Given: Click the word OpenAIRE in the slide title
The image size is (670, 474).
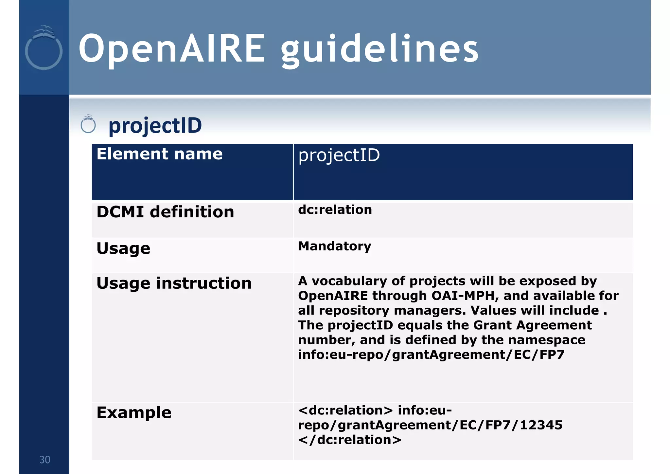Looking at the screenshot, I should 172,49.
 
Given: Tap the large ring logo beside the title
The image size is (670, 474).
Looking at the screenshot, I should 44,49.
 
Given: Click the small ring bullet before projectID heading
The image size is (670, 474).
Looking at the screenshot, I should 88,124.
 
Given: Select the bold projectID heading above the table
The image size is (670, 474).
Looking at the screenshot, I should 155,125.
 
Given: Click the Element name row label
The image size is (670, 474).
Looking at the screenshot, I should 160,154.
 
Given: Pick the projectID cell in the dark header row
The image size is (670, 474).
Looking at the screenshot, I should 339,155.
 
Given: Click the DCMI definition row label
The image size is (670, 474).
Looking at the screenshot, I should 165,212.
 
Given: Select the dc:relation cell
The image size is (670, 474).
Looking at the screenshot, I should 335,210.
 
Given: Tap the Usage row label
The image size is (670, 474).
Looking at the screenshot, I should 123,248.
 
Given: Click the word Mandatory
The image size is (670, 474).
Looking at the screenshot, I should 335,246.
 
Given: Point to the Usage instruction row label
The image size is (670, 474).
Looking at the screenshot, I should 174,283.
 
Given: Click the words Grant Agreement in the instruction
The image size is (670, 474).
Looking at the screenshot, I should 532,325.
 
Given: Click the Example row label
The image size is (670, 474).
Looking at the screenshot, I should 134,412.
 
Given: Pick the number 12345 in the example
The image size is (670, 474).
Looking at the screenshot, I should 541,425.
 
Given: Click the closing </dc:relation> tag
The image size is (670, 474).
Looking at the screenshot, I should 350,440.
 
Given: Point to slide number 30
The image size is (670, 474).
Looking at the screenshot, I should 45,460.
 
